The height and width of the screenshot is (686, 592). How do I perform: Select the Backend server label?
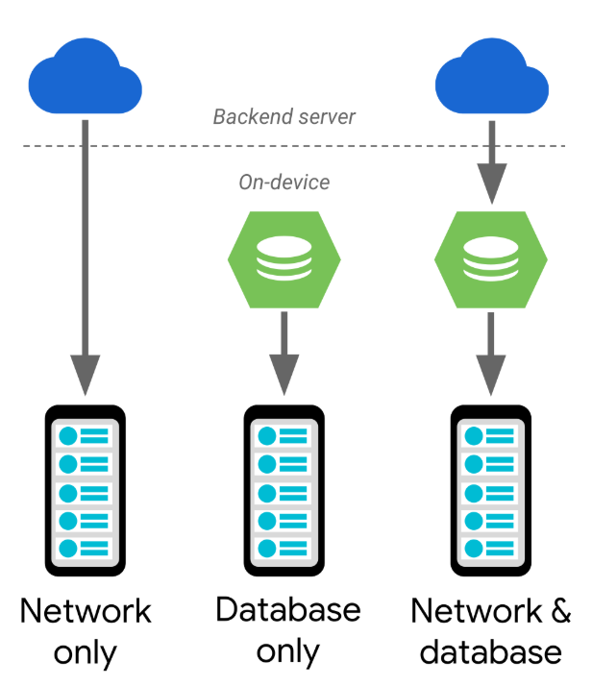[284, 117]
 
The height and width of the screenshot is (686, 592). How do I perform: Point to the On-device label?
[284, 182]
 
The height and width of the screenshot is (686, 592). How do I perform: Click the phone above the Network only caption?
[86, 490]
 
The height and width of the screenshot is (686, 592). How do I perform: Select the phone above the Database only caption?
[284, 490]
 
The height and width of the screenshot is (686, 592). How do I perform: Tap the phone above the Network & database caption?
[490, 490]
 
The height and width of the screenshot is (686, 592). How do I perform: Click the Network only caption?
[86, 631]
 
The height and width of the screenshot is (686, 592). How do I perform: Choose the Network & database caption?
[490, 631]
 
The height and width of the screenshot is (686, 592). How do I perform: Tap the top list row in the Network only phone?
[86, 435]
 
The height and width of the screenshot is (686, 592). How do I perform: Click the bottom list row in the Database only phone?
[284, 549]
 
